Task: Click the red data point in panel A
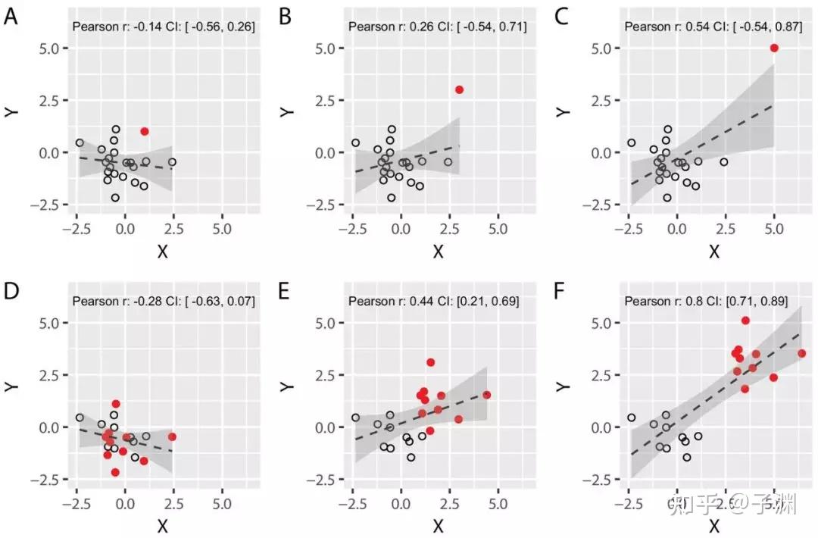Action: [145, 131]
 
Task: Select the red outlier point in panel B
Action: [459, 89]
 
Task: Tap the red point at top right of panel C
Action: [774, 48]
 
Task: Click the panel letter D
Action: [11, 291]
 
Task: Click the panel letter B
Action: [286, 16]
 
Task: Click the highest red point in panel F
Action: [745, 321]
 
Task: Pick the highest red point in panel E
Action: [430, 362]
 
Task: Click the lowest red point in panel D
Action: [115, 472]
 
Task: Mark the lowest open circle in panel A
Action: [115, 197]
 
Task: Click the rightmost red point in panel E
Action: [486, 395]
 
